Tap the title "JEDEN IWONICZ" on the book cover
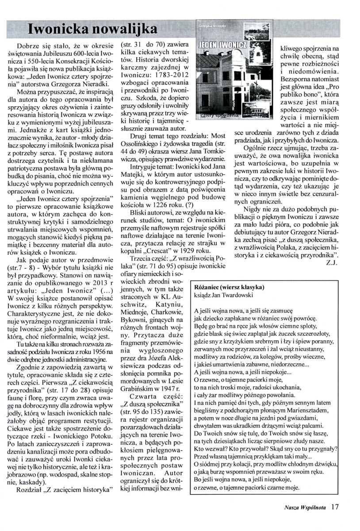(x=227, y=45)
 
